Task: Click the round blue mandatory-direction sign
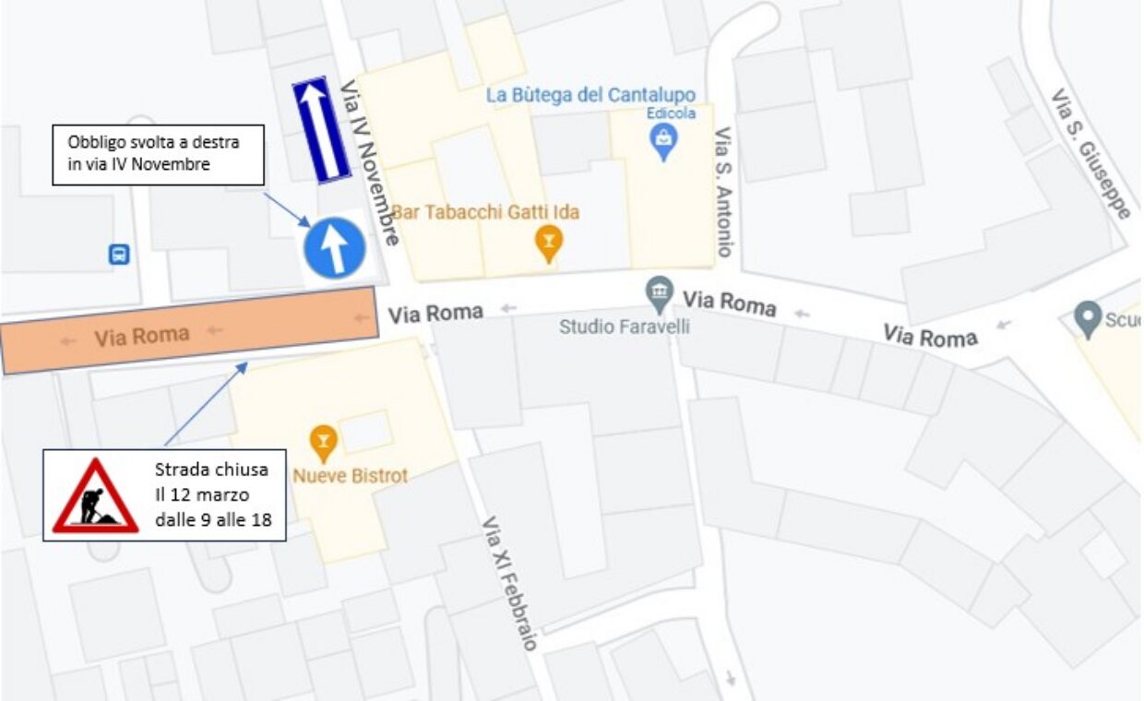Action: pos(335,248)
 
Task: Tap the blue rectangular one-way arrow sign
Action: pos(321,129)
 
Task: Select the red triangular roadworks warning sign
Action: pos(95,497)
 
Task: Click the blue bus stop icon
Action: pos(119,254)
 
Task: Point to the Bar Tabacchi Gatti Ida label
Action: pos(485,213)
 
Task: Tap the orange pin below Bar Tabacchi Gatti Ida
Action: pos(549,244)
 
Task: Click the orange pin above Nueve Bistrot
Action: pos(323,443)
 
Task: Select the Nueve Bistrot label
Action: pos(350,476)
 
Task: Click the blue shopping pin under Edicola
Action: pos(662,141)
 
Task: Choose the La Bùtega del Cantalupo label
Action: pos(590,95)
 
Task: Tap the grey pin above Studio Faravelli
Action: pos(659,293)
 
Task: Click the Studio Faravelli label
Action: pos(625,327)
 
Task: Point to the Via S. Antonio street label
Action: pos(724,192)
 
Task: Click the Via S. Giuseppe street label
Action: pos(1091,153)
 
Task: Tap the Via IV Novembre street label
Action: pos(370,162)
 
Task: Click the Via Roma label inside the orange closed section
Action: pos(141,337)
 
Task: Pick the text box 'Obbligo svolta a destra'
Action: pos(158,154)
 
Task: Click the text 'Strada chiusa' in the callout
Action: pos(211,469)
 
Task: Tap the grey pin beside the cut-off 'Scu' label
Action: pos(1090,319)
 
